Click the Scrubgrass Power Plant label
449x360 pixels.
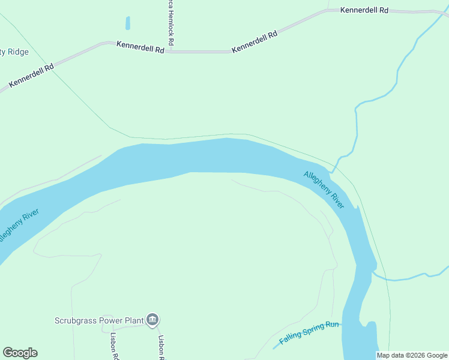point(98,320)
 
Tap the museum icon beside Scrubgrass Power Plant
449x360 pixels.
point(152,320)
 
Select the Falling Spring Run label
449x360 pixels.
point(309,332)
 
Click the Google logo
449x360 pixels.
point(20,353)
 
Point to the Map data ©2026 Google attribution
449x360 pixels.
point(412,355)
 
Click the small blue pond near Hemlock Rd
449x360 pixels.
point(127,23)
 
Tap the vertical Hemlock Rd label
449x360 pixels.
point(171,20)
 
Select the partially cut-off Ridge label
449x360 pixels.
point(15,52)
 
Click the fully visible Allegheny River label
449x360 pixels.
point(324,190)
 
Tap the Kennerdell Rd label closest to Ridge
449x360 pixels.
point(31,76)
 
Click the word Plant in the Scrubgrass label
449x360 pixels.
point(132,320)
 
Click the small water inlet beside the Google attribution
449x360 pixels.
point(370,336)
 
